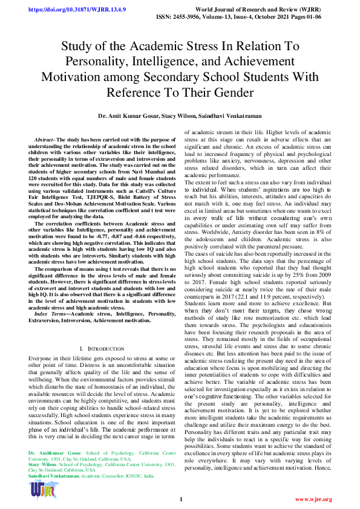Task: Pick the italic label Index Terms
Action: (x=49, y=314)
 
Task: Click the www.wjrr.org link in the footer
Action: (x=313, y=499)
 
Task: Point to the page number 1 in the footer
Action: (x=180, y=499)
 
